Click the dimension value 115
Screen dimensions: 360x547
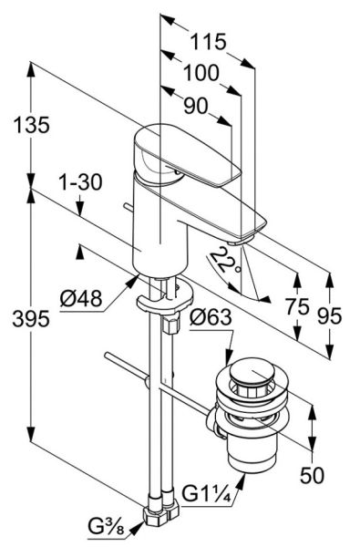tap(209, 42)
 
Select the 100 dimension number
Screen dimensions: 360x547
tap(201, 73)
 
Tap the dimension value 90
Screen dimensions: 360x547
tap(196, 106)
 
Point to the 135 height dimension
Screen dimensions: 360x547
tap(31, 125)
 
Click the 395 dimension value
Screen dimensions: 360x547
tap(31, 318)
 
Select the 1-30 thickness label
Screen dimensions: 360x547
tap(80, 182)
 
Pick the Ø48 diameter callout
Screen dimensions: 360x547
tap(81, 299)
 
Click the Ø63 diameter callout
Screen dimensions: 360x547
tap(211, 317)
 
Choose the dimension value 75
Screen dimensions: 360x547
tap(297, 307)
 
